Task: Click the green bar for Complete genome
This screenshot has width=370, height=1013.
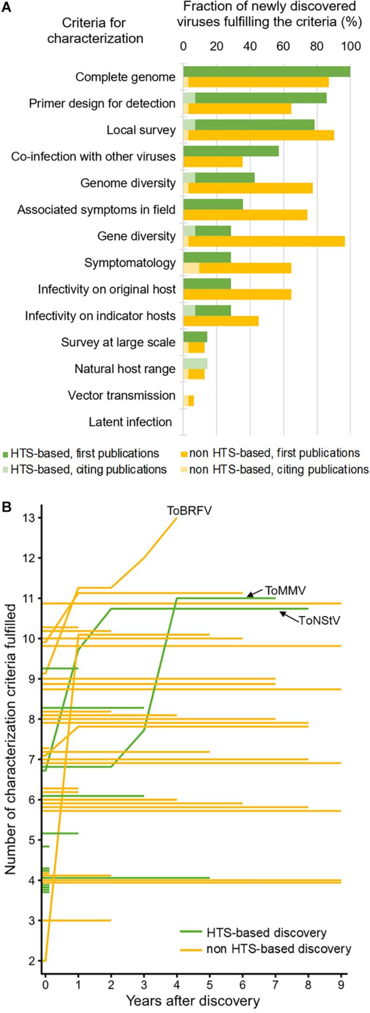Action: (x=266, y=71)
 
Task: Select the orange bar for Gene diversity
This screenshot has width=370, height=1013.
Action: (x=266, y=241)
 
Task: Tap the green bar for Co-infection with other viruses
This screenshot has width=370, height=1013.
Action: (x=231, y=151)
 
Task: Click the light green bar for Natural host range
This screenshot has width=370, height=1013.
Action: (x=195, y=363)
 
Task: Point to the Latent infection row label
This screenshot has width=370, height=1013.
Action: (x=130, y=422)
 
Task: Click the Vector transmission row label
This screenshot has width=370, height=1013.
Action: (x=121, y=395)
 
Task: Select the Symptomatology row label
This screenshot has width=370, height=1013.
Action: (x=130, y=263)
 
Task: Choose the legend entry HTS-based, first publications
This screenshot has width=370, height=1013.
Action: (x=81, y=453)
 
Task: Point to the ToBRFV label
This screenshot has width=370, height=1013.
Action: (x=189, y=511)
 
